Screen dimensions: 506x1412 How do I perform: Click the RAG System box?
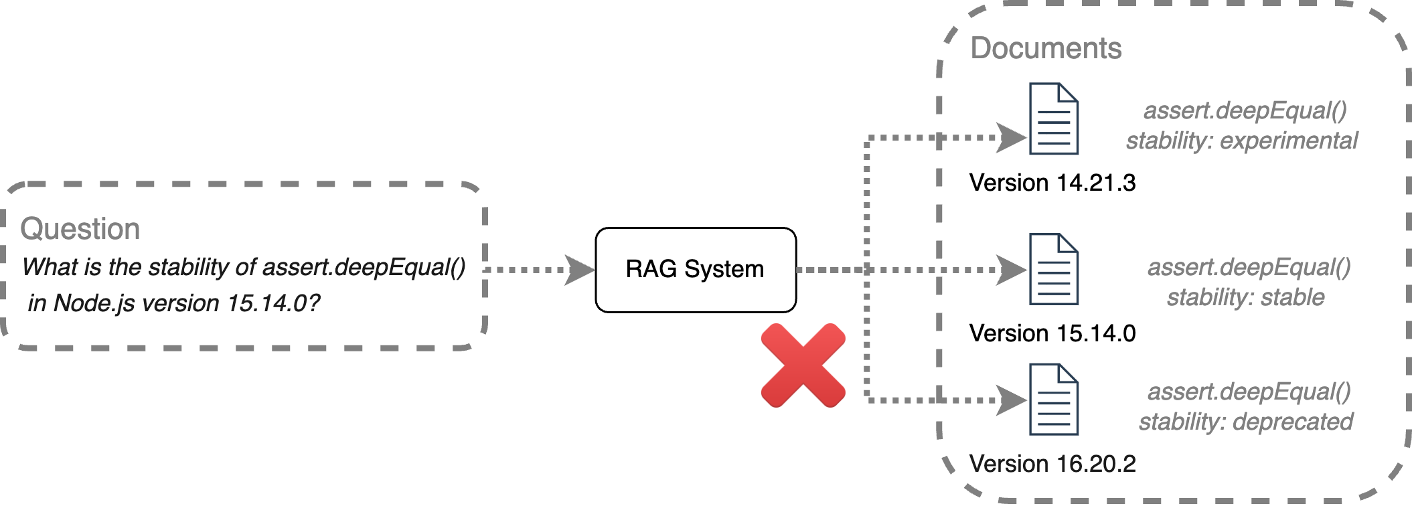695,270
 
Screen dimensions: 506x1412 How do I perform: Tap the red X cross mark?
803,365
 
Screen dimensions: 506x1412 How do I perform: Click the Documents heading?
1045,48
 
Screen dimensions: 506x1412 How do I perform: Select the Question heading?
80,229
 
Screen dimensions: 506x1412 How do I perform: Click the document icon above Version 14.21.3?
1053,119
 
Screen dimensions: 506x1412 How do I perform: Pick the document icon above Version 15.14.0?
1053,269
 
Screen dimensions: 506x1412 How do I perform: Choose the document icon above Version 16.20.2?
1053,400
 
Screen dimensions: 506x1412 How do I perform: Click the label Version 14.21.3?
1052,183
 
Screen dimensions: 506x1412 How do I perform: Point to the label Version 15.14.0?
1052,333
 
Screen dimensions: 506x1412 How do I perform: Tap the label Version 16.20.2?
1052,464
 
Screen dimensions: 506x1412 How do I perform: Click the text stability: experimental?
1241,141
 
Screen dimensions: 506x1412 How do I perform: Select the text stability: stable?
1245,297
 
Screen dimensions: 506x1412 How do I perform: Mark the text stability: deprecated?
1245,422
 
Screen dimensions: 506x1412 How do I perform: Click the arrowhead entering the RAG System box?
578,270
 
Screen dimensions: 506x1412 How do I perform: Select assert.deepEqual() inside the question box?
364,267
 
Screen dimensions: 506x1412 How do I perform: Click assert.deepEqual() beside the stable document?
1249,267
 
